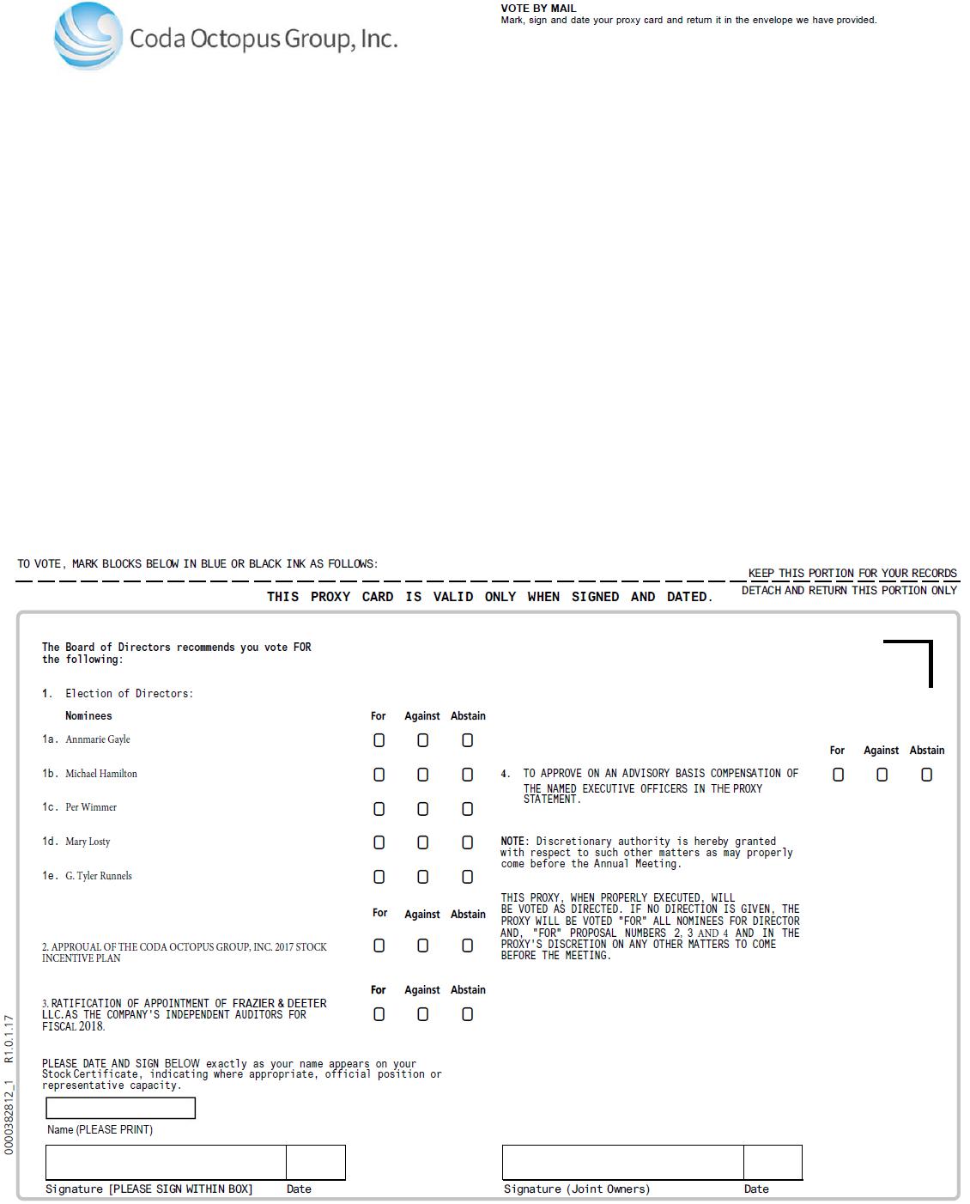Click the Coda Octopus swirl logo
click(x=88, y=36)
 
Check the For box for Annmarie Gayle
click(x=379, y=740)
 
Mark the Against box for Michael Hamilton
click(x=422, y=775)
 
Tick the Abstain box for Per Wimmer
click(x=467, y=809)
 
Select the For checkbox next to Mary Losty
click(x=379, y=842)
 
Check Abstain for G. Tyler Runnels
click(x=467, y=877)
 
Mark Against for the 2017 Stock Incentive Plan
click(x=422, y=946)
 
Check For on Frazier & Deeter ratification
click(x=379, y=1014)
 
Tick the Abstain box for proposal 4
click(x=926, y=775)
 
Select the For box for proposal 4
click(x=838, y=775)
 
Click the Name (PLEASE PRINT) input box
click(x=120, y=1108)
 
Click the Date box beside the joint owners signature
click(x=773, y=1162)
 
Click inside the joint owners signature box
click(x=622, y=1162)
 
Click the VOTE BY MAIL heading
click(x=538, y=8)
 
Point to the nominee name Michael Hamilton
click(x=101, y=774)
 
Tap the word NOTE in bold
click(x=513, y=842)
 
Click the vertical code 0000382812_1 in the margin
click(x=9, y=1116)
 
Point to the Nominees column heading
click(x=88, y=715)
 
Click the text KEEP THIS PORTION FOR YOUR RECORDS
click(x=852, y=573)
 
